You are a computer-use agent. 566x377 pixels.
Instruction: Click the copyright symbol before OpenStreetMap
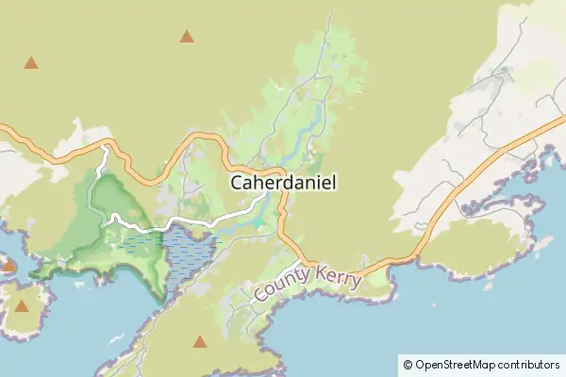tap(408, 364)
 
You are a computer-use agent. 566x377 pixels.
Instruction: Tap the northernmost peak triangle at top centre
tap(187, 37)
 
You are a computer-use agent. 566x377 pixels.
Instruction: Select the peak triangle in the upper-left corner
tap(31, 63)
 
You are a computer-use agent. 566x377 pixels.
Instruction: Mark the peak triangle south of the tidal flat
tap(199, 341)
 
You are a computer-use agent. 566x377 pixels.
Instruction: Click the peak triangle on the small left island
tap(23, 304)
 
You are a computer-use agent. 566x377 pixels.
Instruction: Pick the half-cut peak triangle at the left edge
tap(6, 266)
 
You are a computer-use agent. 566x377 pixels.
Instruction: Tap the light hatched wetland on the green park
tap(141, 245)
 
